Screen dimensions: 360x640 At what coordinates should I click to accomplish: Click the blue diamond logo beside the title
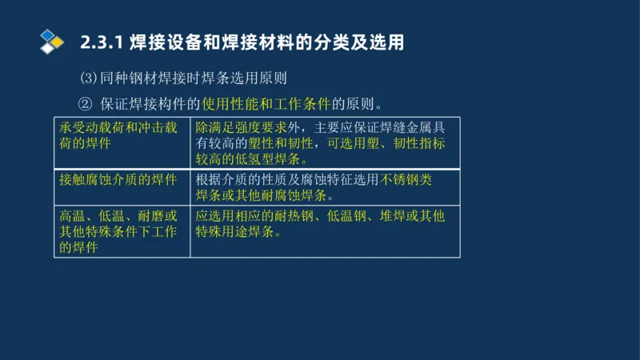(51, 40)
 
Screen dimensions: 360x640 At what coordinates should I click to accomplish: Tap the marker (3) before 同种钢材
(88, 79)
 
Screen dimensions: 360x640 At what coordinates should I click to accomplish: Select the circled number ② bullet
(86, 104)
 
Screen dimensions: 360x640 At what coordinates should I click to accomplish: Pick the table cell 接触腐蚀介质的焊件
(118, 180)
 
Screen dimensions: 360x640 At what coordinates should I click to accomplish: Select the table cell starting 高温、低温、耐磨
(122, 232)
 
